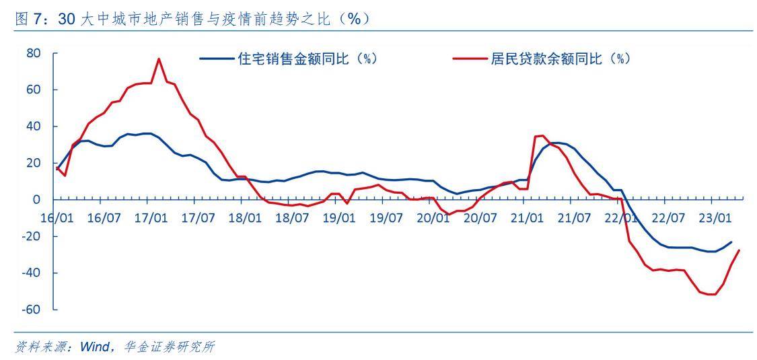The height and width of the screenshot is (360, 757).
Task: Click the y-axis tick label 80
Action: [x=34, y=53]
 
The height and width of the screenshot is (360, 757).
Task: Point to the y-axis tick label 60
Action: [x=34, y=89]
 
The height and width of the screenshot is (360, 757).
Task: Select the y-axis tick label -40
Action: [x=31, y=273]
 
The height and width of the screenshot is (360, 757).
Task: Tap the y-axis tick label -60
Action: [x=31, y=310]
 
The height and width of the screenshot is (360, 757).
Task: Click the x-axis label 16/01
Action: [x=57, y=218]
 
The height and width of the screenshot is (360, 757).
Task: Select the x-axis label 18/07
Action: [x=291, y=218]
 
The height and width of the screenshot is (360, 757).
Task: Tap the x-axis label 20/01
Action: [x=433, y=218]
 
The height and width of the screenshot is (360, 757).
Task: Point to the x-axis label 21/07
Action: [x=574, y=218]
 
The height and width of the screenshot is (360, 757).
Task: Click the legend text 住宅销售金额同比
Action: [x=307, y=59]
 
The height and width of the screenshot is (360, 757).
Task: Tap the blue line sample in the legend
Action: [x=217, y=59]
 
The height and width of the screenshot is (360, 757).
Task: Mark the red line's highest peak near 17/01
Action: [x=159, y=59]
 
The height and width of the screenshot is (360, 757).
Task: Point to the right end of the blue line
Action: [x=731, y=242]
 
